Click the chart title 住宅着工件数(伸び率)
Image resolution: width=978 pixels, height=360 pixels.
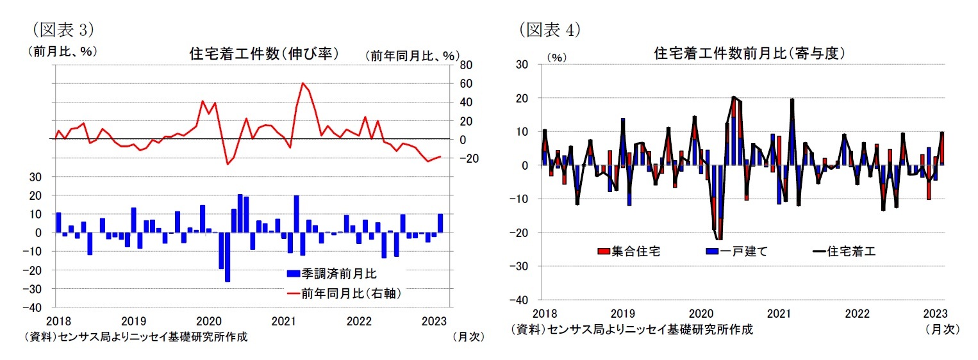coord(264,54)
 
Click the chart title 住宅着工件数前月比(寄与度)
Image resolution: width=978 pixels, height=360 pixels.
coord(748,54)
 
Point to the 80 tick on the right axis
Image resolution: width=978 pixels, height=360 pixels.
coord(465,65)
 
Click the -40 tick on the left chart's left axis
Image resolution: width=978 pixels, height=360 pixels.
coord(43,307)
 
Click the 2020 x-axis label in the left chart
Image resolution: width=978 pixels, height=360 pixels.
coord(208,319)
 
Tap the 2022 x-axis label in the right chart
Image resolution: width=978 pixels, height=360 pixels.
coord(857,313)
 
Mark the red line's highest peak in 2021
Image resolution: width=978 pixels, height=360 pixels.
coord(303,83)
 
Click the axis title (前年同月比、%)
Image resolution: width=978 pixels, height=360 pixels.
coord(412,56)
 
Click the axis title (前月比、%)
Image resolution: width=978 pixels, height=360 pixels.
coord(62,51)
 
